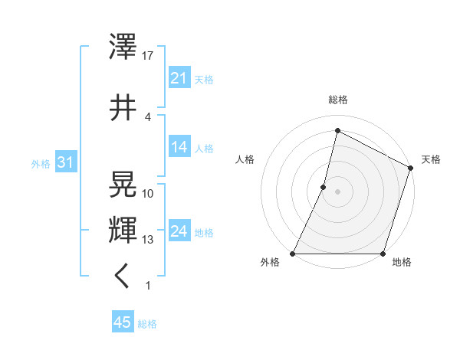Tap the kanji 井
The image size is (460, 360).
123,108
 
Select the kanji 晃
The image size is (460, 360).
123,185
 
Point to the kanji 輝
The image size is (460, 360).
123,228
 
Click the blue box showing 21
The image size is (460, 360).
179,77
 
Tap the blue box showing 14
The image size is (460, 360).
179,147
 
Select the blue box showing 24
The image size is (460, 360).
179,231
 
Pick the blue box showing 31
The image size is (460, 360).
65,162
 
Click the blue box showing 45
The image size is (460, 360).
123,322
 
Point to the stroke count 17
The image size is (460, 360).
148,56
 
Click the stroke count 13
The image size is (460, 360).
148,240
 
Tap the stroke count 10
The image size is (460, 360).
148,193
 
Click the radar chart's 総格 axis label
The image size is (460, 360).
337,100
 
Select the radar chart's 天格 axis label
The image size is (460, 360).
431,159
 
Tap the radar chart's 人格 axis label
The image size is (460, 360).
245,159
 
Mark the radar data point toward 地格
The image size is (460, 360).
383,254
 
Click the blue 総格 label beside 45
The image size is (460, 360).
147,324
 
